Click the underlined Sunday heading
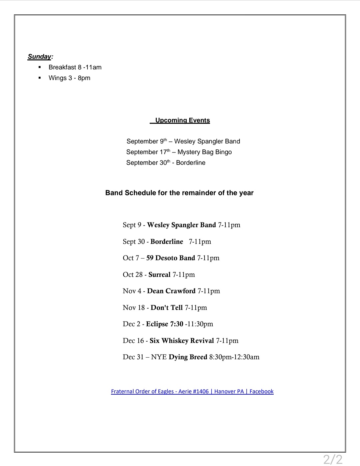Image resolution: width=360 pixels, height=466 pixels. [x=40, y=57]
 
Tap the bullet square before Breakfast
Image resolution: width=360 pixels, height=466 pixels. [x=40, y=67]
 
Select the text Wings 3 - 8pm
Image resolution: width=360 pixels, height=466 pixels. [x=69, y=78]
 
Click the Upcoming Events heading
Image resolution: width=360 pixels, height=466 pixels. [x=182, y=120]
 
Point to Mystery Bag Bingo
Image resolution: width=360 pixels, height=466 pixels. [x=204, y=152]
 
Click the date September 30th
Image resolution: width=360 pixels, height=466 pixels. [x=148, y=163]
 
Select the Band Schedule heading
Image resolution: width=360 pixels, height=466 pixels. [x=179, y=193]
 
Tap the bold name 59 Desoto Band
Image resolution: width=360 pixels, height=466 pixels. [x=170, y=258]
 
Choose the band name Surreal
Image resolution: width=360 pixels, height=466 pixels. [x=159, y=275]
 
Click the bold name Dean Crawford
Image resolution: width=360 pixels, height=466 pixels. [x=171, y=291]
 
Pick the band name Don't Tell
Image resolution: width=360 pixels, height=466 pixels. [x=167, y=308]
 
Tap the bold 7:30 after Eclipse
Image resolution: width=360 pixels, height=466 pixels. [x=177, y=324]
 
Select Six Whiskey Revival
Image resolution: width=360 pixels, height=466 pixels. [x=182, y=341]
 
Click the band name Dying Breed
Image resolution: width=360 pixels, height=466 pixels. [x=188, y=357]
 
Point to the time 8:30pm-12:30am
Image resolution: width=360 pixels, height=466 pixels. [x=234, y=357]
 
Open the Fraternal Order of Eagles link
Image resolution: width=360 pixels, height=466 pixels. [x=192, y=392]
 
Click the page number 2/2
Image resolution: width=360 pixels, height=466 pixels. [x=333, y=459]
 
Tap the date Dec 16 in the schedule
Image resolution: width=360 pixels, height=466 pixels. [x=133, y=341]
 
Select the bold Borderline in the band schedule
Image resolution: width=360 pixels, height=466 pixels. [x=167, y=242]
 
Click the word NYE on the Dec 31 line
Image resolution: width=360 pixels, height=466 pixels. [x=159, y=357]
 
